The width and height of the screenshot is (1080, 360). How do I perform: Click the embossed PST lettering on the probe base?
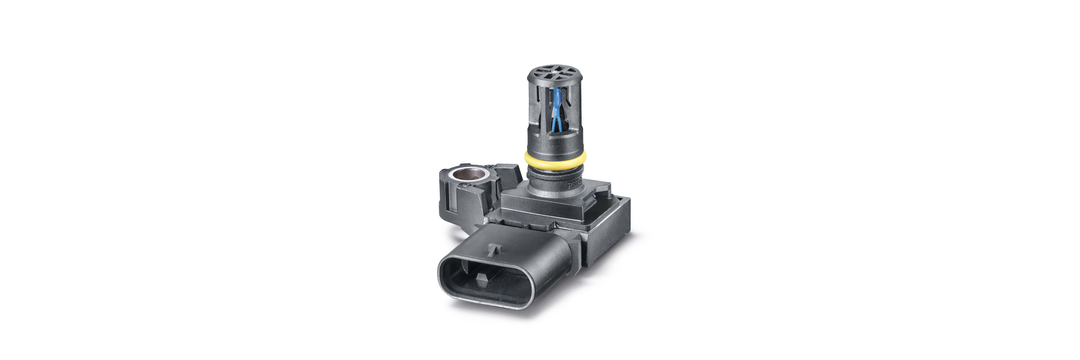(575, 183)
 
